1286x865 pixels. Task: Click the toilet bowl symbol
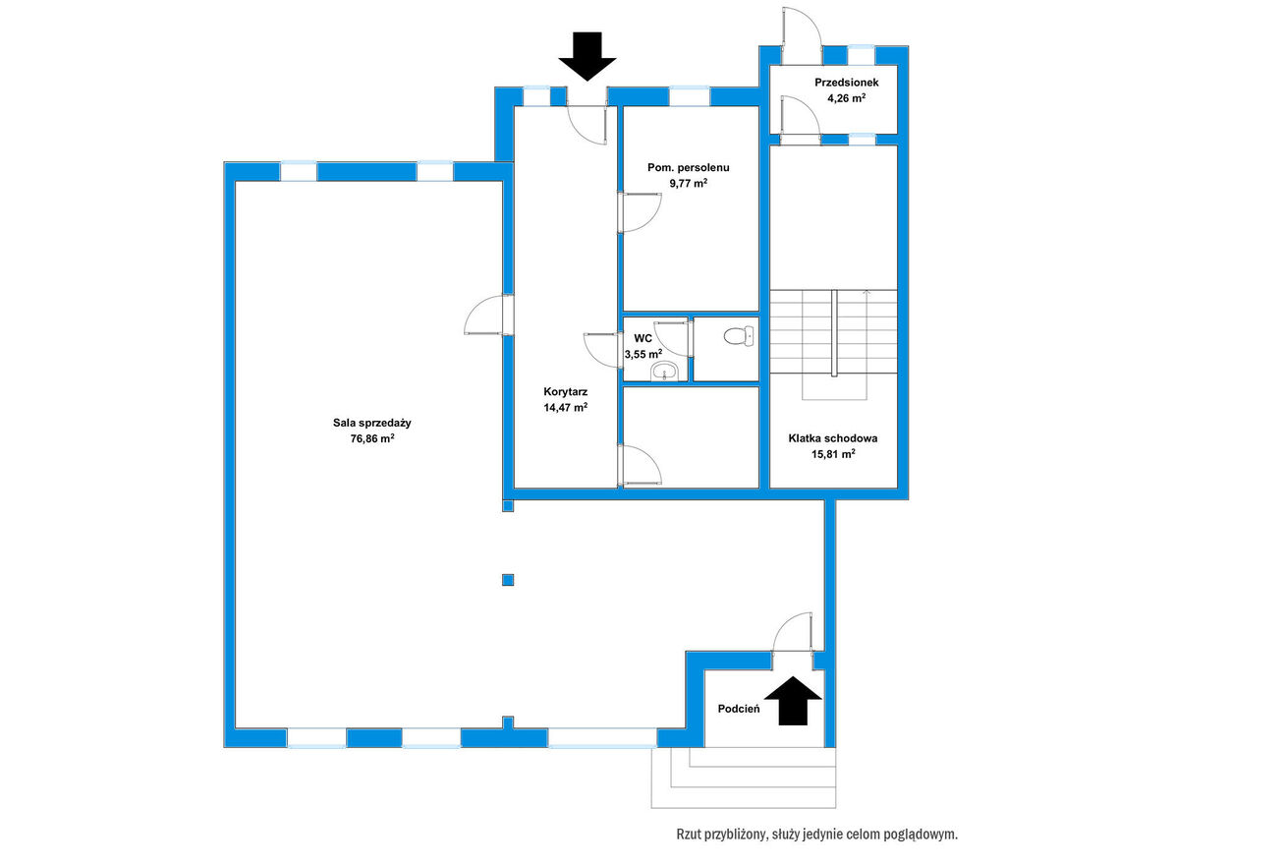pyautogui.click(x=740, y=335)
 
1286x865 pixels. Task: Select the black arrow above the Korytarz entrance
pyautogui.click(x=587, y=56)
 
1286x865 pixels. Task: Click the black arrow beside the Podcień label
pyautogui.click(x=793, y=701)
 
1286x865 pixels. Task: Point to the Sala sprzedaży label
pyautogui.click(x=372, y=423)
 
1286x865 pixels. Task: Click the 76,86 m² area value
pyautogui.click(x=372, y=438)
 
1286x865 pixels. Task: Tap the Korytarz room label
pyautogui.click(x=566, y=392)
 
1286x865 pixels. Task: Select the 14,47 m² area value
pyautogui.click(x=566, y=407)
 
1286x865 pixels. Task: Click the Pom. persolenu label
pyautogui.click(x=689, y=168)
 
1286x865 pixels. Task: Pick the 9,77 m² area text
pyautogui.click(x=689, y=183)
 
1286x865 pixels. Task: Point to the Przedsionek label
pyautogui.click(x=846, y=83)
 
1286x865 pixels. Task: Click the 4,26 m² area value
pyautogui.click(x=846, y=98)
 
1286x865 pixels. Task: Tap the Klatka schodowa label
pyautogui.click(x=832, y=438)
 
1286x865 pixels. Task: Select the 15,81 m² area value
pyautogui.click(x=833, y=454)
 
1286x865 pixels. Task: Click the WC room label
pyautogui.click(x=643, y=339)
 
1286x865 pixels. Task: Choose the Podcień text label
pyautogui.click(x=739, y=709)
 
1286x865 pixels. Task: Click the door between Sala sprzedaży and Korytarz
pyautogui.click(x=489, y=315)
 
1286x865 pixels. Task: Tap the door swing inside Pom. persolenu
pyautogui.click(x=640, y=212)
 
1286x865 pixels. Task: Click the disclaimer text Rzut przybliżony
pyautogui.click(x=720, y=834)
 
